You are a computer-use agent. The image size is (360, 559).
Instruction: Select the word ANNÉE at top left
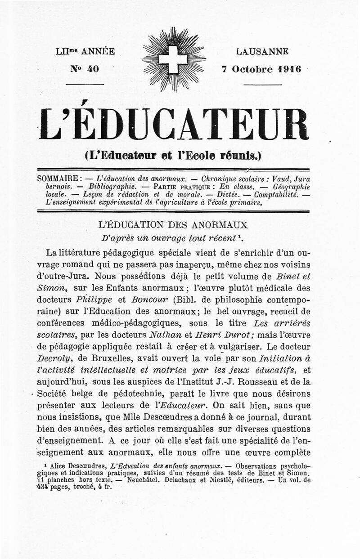98,51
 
